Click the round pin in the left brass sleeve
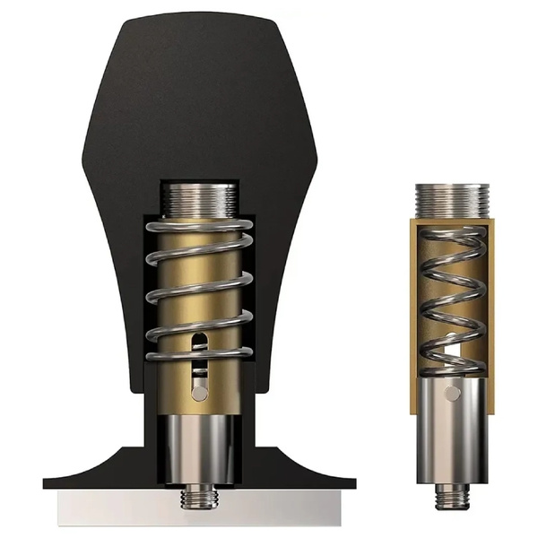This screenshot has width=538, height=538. pos(200,393)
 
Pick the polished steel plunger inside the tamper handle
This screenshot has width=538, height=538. pos(199,448)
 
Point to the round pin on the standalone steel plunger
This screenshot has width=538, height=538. pos(454,393)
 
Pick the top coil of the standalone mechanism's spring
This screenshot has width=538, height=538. pos(453,235)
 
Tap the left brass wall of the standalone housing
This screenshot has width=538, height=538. pos(414,314)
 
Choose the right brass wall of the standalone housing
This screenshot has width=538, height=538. pos(491,314)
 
